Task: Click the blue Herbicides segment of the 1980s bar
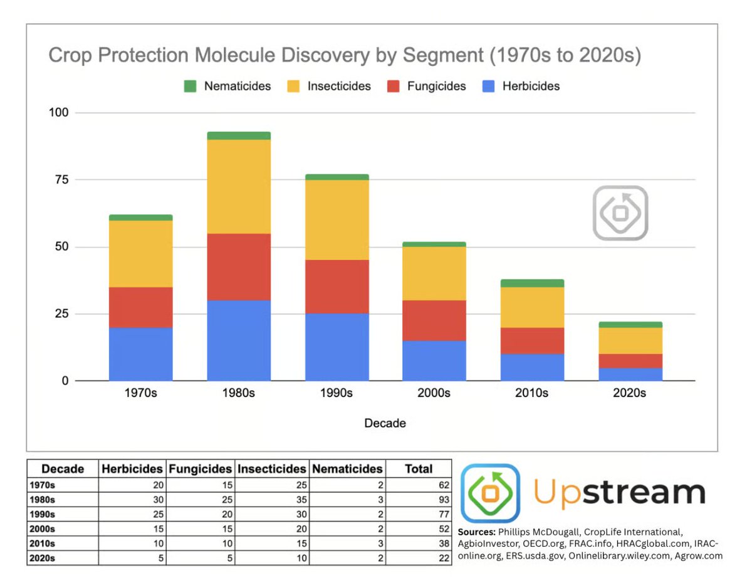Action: (239, 340)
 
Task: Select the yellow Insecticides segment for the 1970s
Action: (140, 254)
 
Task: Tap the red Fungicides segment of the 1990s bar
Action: (337, 287)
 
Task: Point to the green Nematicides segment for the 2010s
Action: (533, 283)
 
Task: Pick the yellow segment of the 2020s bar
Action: (630, 340)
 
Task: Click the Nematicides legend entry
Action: (227, 86)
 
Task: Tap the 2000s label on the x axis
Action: (434, 394)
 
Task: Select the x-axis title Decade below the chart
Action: (385, 423)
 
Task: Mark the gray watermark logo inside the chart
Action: (620, 213)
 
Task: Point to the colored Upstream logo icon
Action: (490, 493)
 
